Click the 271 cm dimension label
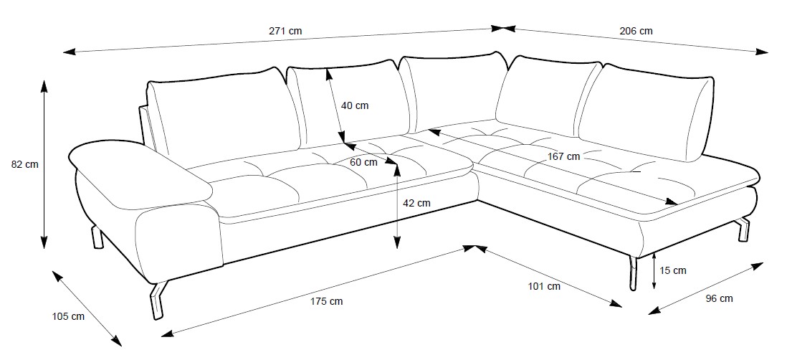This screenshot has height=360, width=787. [x=286, y=31]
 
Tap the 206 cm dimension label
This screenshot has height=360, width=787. [x=635, y=31]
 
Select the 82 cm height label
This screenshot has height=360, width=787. [x=25, y=164]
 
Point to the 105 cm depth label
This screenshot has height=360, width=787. [x=68, y=316]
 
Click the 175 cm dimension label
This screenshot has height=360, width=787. [x=327, y=301]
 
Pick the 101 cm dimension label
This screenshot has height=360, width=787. [x=544, y=287]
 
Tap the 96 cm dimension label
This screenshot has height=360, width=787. [x=717, y=298]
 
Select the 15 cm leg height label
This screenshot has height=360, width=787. [x=673, y=270]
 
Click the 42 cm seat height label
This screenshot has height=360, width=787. [x=416, y=203]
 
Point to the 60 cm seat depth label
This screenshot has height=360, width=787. [x=363, y=162]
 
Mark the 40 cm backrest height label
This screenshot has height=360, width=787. [x=355, y=105]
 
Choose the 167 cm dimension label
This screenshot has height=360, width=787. [x=563, y=156]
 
